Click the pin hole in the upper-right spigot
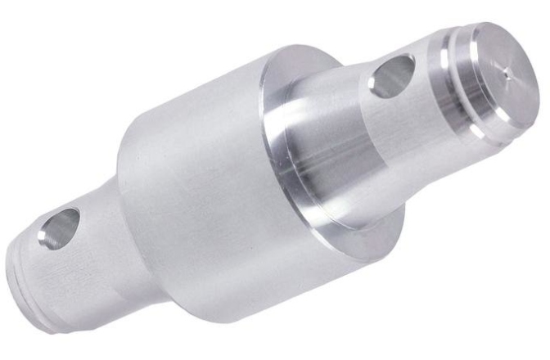point(390,76)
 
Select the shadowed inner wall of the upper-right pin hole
point(397,70)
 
